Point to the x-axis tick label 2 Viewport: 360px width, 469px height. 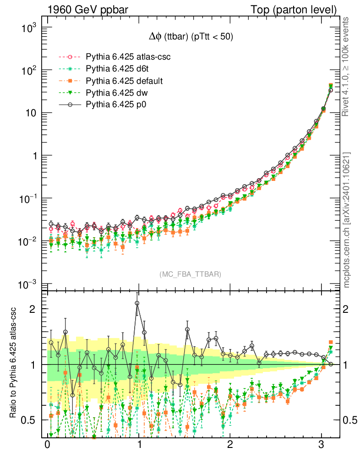230,445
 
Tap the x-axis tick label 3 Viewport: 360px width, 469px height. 322,445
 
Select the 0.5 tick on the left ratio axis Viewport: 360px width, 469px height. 29,420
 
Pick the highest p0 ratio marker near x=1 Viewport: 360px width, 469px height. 137,303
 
